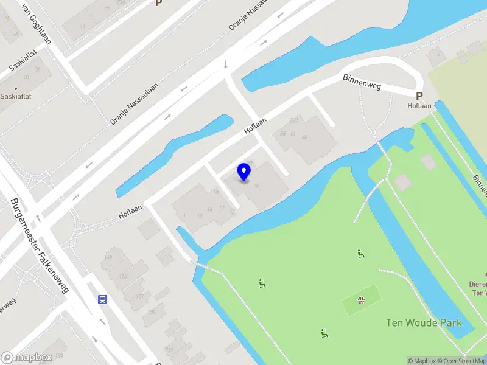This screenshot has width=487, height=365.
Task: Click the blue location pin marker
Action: pyautogui.click(x=244, y=172)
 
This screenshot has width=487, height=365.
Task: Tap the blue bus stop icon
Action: pyautogui.click(x=103, y=299)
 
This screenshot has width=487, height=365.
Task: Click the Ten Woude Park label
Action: pyautogui.click(x=424, y=322)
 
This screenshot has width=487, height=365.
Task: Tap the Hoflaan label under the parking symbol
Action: pyautogui.click(x=419, y=105)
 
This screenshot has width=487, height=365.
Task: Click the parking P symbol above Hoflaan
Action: pyautogui.click(x=419, y=96)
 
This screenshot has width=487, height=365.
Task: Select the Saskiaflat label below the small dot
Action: pyautogui.click(x=16, y=96)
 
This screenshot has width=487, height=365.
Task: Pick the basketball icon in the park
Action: pyautogui.click(x=361, y=299)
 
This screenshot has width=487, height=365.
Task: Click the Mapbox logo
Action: pyautogui.click(x=26, y=358)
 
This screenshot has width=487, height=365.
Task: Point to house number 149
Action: pyautogui.click(x=108, y=258)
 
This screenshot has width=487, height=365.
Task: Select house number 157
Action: pyautogui.click(x=140, y=297)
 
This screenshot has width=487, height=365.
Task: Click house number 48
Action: pyautogui.click(x=304, y=137)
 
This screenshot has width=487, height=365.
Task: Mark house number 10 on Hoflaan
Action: pyautogui.click(x=200, y=216)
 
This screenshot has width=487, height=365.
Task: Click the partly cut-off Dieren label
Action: pyautogui.click(x=477, y=283)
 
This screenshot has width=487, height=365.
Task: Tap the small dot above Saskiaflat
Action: pyautogui.click(x=16, y=89)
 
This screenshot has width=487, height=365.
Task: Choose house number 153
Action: pyautogui.click(x=122, y=276)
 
